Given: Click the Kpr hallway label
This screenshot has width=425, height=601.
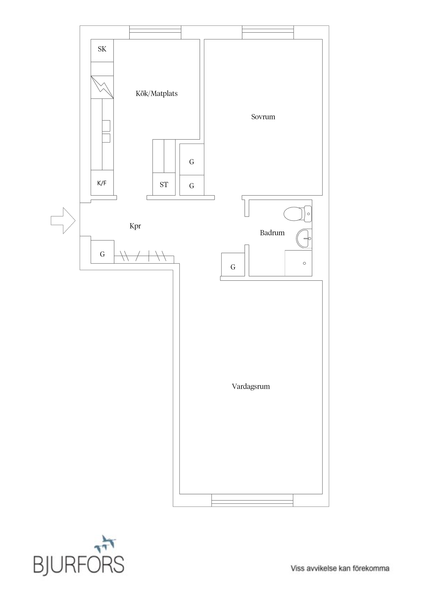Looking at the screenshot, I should click(135, 226).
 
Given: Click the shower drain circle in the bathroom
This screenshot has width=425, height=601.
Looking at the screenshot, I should click(304, 263).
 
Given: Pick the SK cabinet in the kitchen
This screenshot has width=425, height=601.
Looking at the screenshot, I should click(102, 49).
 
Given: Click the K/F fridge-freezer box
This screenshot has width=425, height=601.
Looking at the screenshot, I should click(102, 183).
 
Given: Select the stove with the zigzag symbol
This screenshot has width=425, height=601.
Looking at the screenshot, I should click(102, 87).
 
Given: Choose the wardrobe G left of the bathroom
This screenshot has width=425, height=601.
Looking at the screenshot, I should click(233, 267).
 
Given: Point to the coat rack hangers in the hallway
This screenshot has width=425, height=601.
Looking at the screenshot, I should click(143, 256).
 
